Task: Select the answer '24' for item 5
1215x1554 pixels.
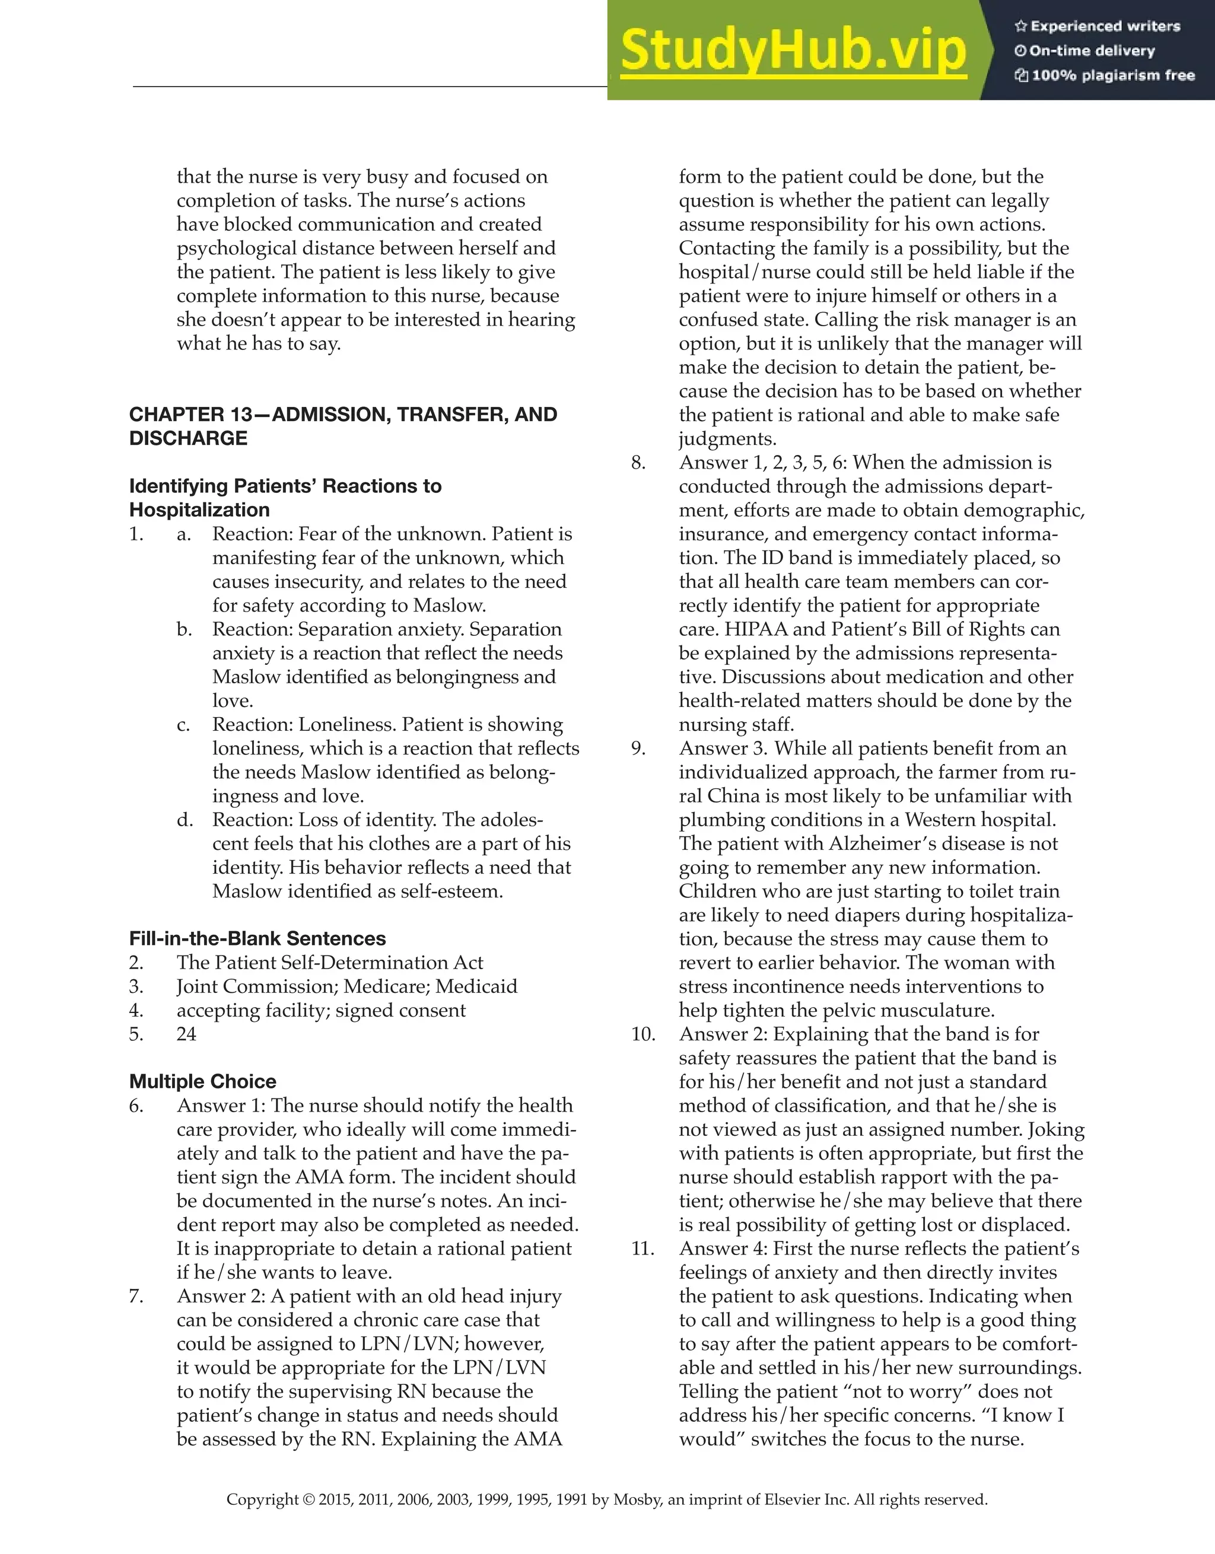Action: tap(186, 1034)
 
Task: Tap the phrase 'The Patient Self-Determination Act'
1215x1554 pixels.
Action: tap(329, 963)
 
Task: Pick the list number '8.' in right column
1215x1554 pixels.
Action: tap(638, 463)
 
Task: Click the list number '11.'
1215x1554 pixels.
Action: tap(642, 1248)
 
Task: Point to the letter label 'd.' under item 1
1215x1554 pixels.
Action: tap(185, 820)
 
